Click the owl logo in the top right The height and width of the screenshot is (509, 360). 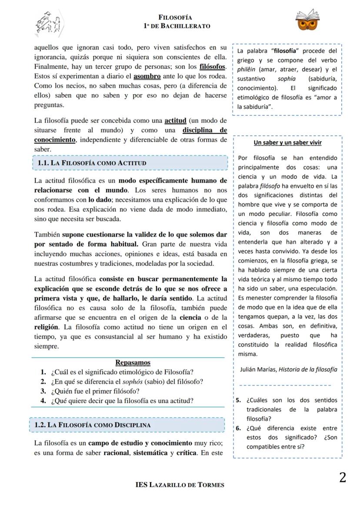pyautogui.click(x=307, y=20)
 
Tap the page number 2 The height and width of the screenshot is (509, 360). pyautogui.click(x=343, y=477)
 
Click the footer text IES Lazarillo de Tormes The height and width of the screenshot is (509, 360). pyautogui.click(x=180, y=485)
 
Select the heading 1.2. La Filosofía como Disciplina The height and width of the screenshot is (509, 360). pyautogui.click(x=92, y=425)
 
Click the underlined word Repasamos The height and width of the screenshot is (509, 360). pyautogui.click(x=133, y=363)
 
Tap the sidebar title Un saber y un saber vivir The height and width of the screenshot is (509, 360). pyautogui.click(x=287, y=143)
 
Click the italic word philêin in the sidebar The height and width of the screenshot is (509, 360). pyautogui.click(x=246, y=70)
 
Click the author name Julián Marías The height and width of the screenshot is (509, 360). pyautogui.click(x=258, y=369)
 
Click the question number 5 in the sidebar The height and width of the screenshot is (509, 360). pyautogui.click(x=238, y=400)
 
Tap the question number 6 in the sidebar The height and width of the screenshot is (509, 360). pyautogui.click(x=238, y=428)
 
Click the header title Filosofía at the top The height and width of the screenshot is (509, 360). pyautogui.click(x=175, y=18)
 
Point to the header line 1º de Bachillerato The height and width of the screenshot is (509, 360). pyautogui.click(x=177, y=26)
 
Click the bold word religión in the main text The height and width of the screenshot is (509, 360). pyautogui.click(x=46, y=327)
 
